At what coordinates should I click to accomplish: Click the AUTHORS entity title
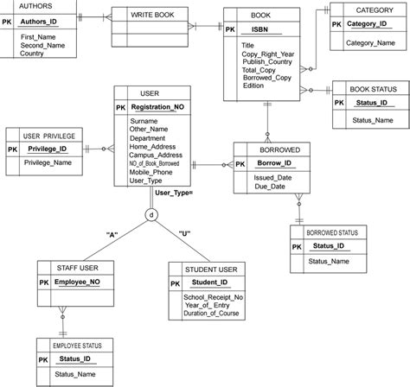tap(22, 4)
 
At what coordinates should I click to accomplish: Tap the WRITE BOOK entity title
tap(152, 16)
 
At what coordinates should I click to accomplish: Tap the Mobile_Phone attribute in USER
tap(151, 172)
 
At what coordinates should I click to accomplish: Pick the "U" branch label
tap(183, 234)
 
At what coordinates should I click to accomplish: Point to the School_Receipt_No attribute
tap(214, 297)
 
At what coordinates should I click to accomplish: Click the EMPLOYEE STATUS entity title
tap(75, 345)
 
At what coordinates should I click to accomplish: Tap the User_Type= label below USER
tap(174, 192)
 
